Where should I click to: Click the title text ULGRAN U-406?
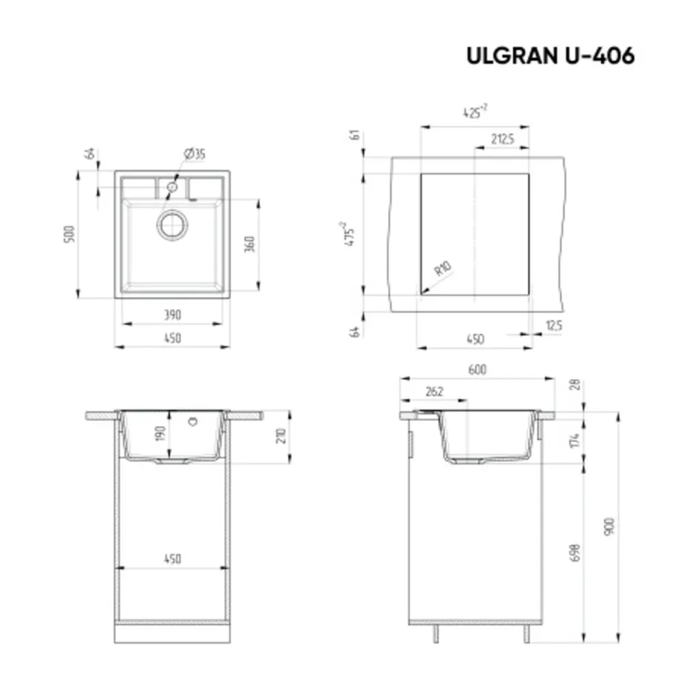click(x=550, y=56)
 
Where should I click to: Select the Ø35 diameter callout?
click(x=194, y=154)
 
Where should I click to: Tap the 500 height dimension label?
click(x=68, y=234)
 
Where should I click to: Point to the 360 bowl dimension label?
click(x=249, y=245)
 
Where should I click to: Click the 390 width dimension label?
click(x=172, y=315)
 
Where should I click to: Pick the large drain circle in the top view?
click(x=172, y=225)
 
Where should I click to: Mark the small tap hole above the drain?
click(x=172, y=186)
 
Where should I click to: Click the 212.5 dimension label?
click(x=502, y=139)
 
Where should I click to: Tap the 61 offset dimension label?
click(x=354, y=135)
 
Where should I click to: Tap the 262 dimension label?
click(x=434, y=391)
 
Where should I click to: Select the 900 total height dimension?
click(x=610, y=526)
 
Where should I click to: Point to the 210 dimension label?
click(x=280, y=436)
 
